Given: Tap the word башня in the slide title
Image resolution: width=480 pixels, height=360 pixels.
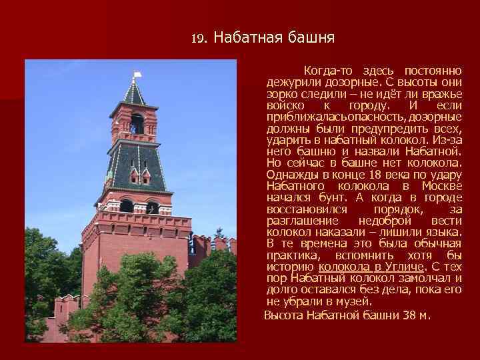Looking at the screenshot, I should point(311,37).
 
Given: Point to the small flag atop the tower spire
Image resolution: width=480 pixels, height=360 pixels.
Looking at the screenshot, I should point(138,75).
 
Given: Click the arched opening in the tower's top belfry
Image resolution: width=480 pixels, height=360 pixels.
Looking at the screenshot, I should point(137,123).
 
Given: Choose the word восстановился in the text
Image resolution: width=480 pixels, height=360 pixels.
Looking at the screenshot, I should point(304,209).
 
